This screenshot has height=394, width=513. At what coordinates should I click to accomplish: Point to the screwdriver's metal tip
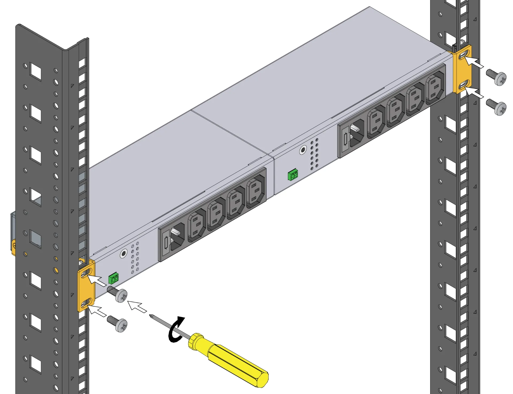151,316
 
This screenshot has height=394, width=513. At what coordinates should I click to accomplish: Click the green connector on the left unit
114,279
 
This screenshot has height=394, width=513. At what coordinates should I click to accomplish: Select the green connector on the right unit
293,175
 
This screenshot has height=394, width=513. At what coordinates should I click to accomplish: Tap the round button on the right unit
303,150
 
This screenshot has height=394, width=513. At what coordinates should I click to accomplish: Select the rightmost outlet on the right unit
435,86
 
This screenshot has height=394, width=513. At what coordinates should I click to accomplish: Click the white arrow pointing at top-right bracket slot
475,63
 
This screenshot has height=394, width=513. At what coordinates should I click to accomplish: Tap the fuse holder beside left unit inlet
166,243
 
